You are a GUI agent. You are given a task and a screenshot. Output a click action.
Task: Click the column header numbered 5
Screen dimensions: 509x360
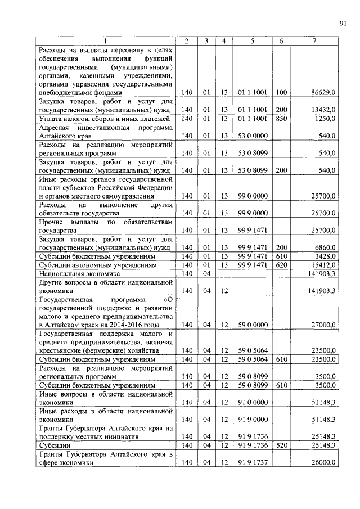tap(252, 41)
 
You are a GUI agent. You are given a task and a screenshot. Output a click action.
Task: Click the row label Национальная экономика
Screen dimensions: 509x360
tap(72, 273)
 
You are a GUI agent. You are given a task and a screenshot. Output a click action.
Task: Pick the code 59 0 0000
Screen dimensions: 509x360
tap(252, 325)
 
